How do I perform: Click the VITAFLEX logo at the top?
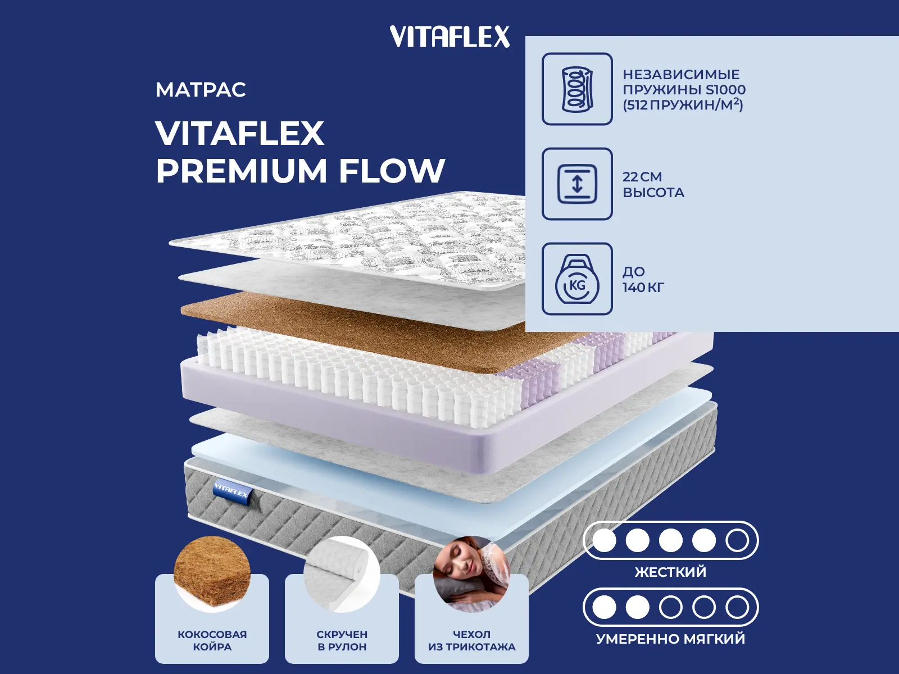[x=449, y=37]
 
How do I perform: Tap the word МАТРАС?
[x=201, y=90]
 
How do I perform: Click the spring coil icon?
[x=577, y=89]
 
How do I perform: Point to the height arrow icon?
[x=577, y=184]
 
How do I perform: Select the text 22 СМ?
[x=642, y=177]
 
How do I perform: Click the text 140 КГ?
[x=643, y=287]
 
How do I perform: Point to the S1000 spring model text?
[x=726, y=90]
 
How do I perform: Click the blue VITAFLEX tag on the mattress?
[x=231, y=490]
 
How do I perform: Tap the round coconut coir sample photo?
[x=212, y=573]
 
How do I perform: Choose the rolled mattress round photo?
[x=342, y=573]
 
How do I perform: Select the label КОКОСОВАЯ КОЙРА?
[x=212, y=640]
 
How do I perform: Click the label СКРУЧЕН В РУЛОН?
[x=342, y=640]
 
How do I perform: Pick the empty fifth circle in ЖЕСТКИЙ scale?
[x=737, y=540]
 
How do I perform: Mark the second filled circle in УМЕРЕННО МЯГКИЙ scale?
[x=637, y=607]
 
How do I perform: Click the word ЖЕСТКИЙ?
[x=670, y=572]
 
